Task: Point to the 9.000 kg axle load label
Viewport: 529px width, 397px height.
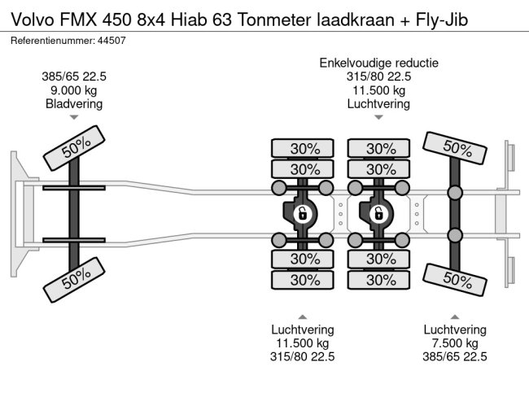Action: (x=74, y=90)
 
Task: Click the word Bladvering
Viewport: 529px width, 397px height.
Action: (x=74, y=104)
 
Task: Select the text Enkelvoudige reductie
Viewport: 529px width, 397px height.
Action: (x=378, y=63)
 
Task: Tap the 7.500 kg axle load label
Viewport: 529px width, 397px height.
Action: (x=455, y=343)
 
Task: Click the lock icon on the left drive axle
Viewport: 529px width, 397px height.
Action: (x=302, y=214)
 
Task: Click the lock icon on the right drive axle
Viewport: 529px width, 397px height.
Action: (x=378, y=214)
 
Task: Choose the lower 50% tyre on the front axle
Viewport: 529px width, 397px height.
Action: (x=75, y=279)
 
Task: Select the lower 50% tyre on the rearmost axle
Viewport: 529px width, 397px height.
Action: (x=457, y=278)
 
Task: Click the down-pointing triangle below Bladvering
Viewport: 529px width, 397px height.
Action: (x=74, y=118)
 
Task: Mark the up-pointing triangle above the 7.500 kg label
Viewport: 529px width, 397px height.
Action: (x=455, y=316)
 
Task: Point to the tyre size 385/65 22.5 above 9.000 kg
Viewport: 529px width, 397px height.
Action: (x=74, y=76)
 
